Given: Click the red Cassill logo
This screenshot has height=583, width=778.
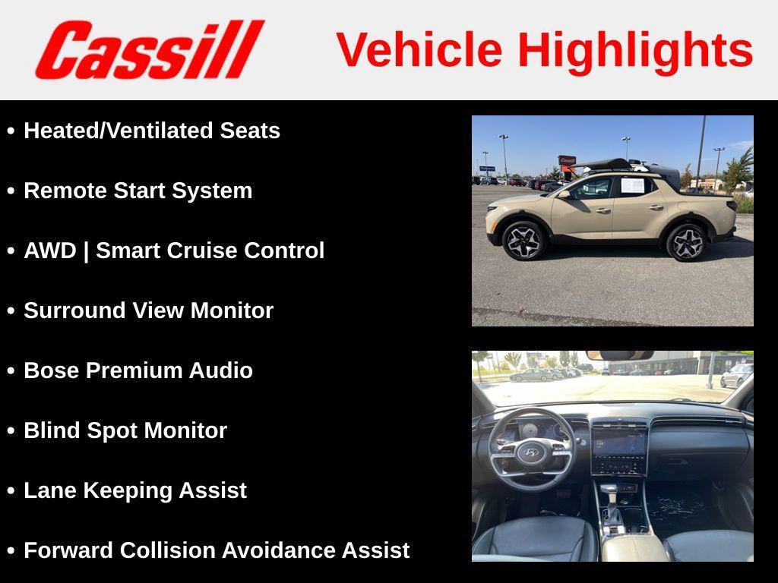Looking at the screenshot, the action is (150, 49).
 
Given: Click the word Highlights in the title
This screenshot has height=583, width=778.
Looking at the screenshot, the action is (636, 51).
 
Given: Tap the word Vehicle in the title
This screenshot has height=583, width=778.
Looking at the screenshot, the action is (419, 49).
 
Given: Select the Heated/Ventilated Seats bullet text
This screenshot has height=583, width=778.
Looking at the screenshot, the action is (152, 131).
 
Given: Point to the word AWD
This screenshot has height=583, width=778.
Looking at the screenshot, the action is (50, 251).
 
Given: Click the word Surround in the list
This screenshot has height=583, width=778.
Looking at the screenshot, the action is (74, 310).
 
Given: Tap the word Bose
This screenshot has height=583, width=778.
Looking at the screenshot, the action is (52, 370).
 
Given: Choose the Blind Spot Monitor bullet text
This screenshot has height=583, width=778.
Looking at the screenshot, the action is (125, 431).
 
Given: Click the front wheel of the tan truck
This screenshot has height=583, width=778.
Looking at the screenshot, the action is (524, 241).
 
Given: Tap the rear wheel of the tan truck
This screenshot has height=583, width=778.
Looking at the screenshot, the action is (686, 242).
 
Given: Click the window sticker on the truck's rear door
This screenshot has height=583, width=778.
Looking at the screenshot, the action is (633, 185).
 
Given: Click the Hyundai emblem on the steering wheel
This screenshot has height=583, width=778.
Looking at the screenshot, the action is (530, 452).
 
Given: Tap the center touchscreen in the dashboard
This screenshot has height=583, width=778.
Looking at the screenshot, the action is (618, 443).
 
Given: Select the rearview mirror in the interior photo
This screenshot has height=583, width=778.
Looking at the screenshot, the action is (620, 355).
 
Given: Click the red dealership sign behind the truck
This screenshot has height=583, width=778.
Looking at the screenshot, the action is (567, 161).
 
